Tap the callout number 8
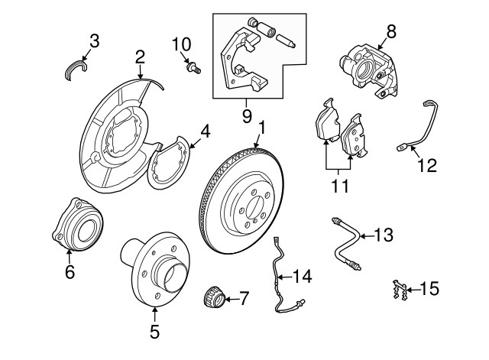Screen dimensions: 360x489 [392, 31]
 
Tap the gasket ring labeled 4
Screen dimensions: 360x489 [170, 160]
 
